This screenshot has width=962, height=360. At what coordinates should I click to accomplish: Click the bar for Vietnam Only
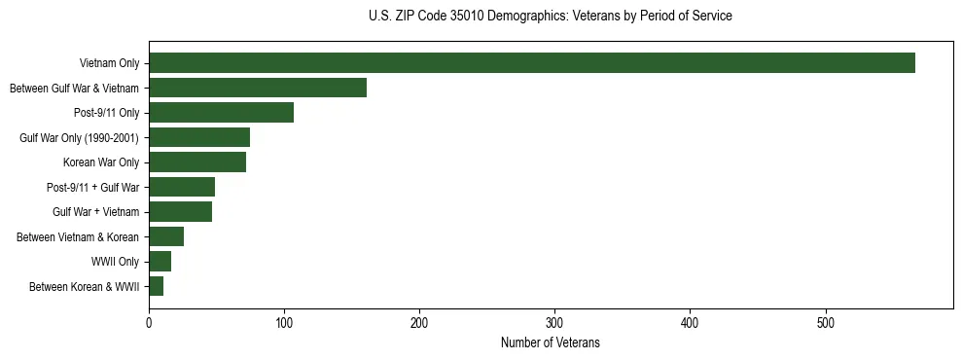click(x=532, y=63)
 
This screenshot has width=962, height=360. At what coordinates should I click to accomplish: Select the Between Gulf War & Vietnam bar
click(x=258, y=88)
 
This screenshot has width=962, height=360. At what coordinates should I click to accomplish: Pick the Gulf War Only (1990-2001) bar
click(x=199, y=137)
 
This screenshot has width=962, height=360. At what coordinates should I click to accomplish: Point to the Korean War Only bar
click(x=197, y=162)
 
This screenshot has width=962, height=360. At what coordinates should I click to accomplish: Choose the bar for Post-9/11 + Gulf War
click(x=182, y=187)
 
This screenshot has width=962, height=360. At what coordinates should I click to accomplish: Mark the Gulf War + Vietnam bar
click(x=180, y=212)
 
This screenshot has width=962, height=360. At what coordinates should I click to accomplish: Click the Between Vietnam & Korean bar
click(x=166, y=236)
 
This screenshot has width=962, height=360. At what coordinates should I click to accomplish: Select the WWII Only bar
click(x=160, y=262)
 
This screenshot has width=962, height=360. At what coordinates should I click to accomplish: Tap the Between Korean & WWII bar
click(x=156, y=286)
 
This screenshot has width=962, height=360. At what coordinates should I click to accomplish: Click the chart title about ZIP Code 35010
click(x=551, y=17)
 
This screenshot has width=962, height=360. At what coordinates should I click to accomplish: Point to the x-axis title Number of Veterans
click(x=551, y=343)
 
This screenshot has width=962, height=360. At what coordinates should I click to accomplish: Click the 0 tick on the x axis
click(x=149, y=323)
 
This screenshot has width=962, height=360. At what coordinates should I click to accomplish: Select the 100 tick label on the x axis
click(x=284, y=323)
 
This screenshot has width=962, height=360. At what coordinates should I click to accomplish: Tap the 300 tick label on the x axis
click(x=554, y=323)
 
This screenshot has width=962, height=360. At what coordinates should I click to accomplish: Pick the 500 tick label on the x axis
click(x=825, y=323)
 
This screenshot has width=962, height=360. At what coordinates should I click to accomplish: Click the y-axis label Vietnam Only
click(x=109, y=63)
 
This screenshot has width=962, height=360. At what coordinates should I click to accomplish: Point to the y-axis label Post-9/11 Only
click(x=107, y=113)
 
